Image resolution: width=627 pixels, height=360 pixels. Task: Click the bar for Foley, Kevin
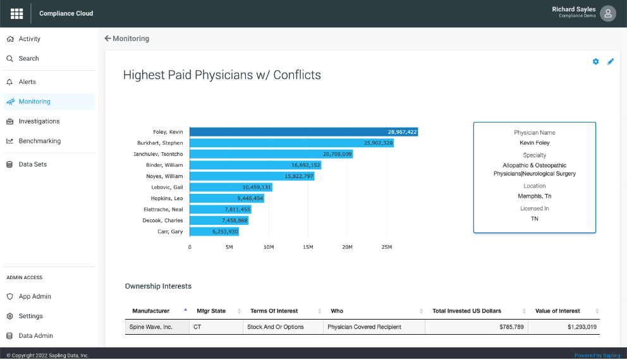pos(303,132)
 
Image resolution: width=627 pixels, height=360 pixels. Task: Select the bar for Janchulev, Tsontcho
pos(271,154)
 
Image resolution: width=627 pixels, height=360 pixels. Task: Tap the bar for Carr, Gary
pos(214,232)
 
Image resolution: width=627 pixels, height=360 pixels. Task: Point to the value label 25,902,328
pos(378,143)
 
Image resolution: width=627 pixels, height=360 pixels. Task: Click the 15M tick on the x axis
pos(308,247)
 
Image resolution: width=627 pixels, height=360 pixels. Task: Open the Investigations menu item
pos(39,121)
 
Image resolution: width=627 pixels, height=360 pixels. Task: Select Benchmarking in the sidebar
pos(39,141)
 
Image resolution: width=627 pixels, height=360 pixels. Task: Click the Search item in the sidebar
pos(28,59)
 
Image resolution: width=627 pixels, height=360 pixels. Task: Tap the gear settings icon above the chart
pos(595,62)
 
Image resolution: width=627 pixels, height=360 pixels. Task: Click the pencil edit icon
pos(611,62)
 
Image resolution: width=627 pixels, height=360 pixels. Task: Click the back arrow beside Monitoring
pos(107,39)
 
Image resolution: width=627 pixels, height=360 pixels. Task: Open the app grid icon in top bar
pos(17,13)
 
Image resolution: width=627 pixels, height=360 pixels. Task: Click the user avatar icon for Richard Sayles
pos(608,13)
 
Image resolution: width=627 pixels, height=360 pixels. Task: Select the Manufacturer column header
pos(150,311)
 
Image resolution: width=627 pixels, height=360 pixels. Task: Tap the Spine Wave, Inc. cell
pos(152,327)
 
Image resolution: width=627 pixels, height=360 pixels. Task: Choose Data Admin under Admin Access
pos(35,336)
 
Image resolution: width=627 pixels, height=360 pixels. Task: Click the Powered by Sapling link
pos(597,356)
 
